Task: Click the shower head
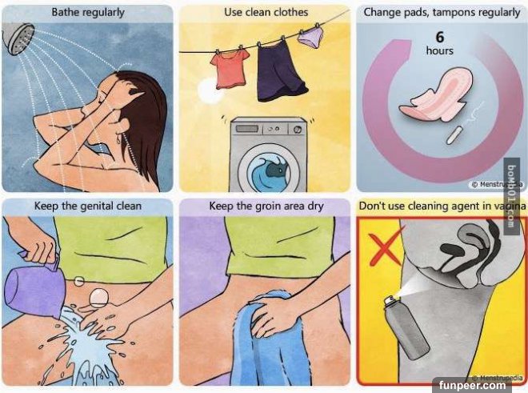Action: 18,38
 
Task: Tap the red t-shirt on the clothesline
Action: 230,70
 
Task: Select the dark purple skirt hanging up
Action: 281,72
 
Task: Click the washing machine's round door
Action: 269,170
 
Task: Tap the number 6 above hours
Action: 440,37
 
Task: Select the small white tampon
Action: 453,135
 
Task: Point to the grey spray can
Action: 406,327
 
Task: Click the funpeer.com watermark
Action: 472,385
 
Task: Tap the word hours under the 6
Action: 440,51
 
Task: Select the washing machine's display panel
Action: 247,129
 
